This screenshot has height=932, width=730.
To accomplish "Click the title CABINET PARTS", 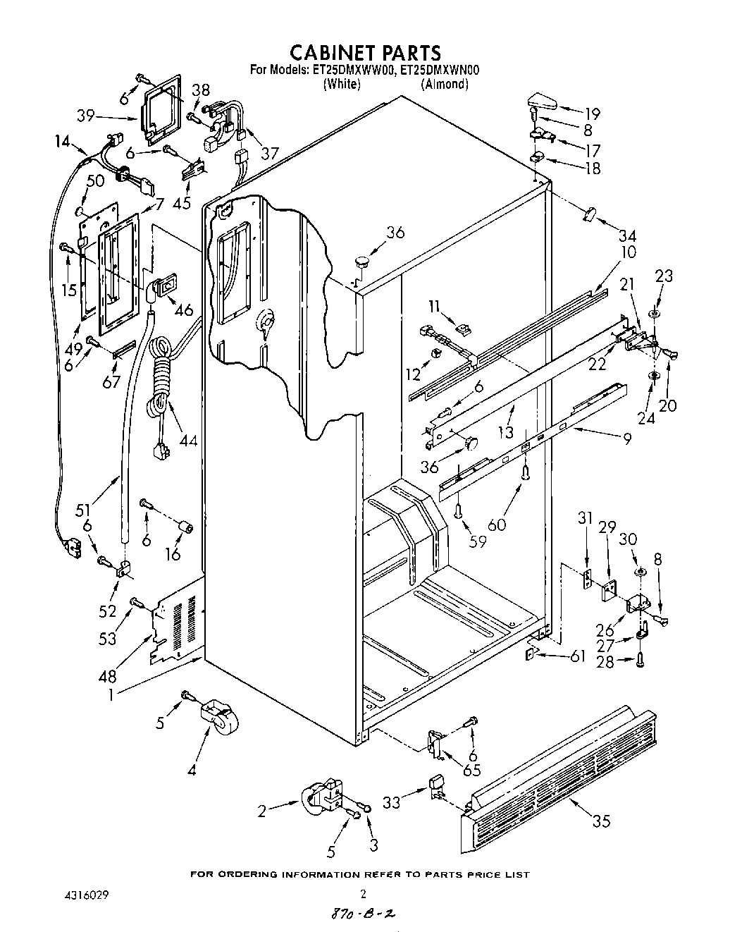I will pos(366,53).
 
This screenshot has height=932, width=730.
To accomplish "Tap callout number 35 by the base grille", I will pos(601,820).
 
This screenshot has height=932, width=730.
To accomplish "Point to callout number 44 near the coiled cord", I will pos(187,442).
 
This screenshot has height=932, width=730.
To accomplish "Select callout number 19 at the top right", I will pos(591,113).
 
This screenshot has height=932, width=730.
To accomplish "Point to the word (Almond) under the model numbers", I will pos(444,84).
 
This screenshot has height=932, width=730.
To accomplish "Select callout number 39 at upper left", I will pos(86,116).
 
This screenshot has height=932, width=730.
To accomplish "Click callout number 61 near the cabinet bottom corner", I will pos(577,657).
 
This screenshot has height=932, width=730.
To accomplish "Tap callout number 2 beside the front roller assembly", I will pos(262,811).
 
